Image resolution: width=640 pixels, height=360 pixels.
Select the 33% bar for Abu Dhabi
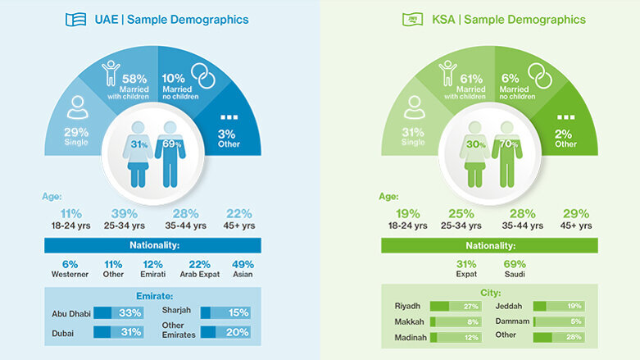tap(119, 312)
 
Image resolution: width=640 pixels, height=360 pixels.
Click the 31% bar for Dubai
tap(119, 331)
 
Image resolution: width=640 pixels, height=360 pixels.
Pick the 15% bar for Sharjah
tap(225, 312)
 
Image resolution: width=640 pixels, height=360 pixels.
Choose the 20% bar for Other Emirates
tap(225, 331)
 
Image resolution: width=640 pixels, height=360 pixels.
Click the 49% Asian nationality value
tap(243, 265)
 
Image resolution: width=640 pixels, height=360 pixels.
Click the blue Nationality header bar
tap(152, 245)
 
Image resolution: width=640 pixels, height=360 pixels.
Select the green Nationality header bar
tap(489, 245)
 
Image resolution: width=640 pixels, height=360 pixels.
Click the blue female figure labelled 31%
tap(137, 152)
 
